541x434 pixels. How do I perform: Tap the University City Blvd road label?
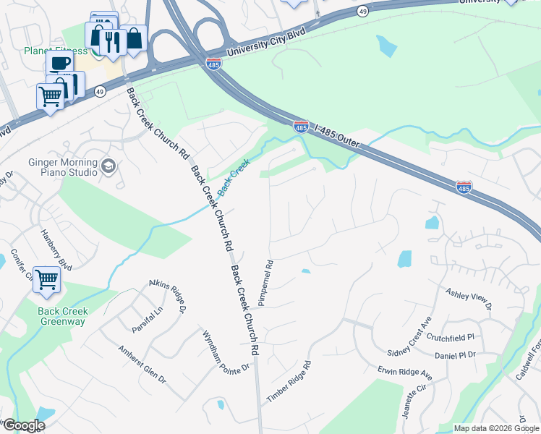[266, 43]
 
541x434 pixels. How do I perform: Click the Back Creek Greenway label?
[63, 316]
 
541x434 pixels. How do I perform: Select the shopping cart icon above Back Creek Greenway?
[47, 278]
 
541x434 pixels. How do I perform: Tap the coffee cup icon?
[60, 63]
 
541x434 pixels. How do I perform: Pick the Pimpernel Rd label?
[265, 283]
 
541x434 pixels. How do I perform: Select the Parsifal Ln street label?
[148, 319]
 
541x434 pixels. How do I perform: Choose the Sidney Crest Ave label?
[409, 335]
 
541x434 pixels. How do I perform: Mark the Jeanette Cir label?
[408, 404]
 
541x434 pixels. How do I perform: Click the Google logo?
[23, 425]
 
